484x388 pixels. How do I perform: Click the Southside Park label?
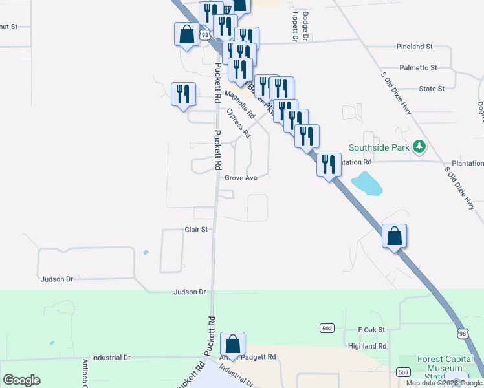pos(379,147)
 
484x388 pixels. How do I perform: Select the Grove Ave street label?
pos(241,178)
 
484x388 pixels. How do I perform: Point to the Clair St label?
pos(196,230)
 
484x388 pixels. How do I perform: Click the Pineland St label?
pos(414,47)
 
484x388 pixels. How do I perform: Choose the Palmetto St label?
pos(418,67)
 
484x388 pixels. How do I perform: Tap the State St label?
pos(432,89)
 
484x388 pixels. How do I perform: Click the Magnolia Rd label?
pos(240,103)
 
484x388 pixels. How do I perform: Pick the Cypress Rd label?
pos(239,122)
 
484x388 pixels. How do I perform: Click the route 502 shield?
pos(327,329)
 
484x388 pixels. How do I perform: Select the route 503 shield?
pos(402,372)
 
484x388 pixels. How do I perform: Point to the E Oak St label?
pos(371,330)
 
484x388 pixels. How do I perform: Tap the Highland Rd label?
pos(367,346)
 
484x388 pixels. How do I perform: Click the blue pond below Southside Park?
pos(366,184)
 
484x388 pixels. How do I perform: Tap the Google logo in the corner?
pos(21,380)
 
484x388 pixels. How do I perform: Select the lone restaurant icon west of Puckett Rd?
pos(182,94)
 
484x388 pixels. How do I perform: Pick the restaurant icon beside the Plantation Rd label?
pos(329,164)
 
